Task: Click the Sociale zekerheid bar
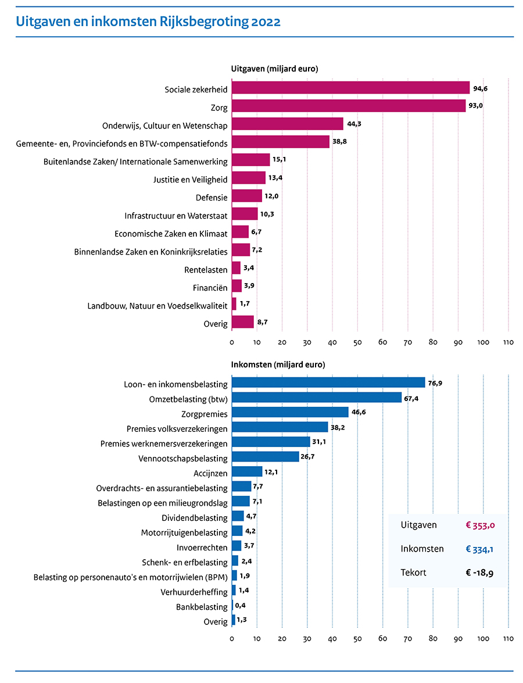click(x=350, y=88)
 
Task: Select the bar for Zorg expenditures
click(x=349, y=106)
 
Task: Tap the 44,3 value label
click(x=353, y=124)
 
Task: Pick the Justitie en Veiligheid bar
click(x=249, y=178)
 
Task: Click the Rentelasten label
click(x=206, y=270)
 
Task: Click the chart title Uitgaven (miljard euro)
click(x=275, y=69)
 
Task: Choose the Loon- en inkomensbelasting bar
click(x=328, y=382)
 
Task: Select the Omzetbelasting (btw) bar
click(x=317, y=398)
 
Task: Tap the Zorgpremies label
click(x=205, y=413)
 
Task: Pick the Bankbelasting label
click(x=202, y=607)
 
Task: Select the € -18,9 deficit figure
click(x=479, y=573)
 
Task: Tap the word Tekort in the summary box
click(x=413, y=573)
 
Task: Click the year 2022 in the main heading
click(x=267, y=22)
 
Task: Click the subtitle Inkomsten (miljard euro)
click(x=278, y=364)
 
